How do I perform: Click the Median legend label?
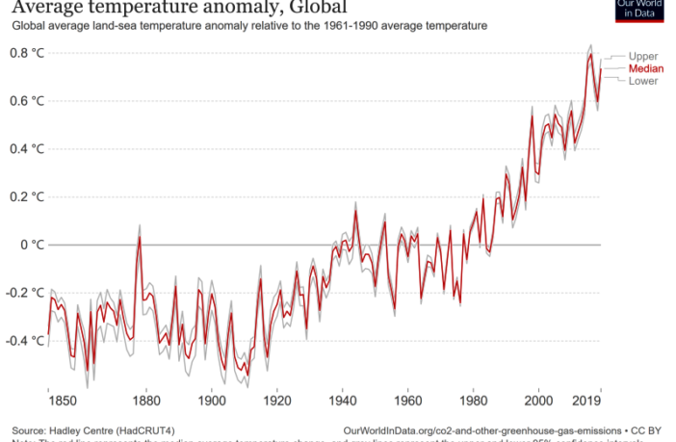[x=644, y=69]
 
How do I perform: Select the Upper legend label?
[x=643, y=57]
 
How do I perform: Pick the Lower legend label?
[x=643, y=82]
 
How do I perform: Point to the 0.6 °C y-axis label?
[x=27, y=101]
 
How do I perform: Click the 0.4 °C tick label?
[x=27, y=149]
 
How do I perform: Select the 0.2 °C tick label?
[x=27, y=197]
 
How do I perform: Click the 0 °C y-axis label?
[x=33, y=245]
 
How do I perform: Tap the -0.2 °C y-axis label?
[x=25, y=293]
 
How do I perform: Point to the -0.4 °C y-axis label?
[x=25, y=341]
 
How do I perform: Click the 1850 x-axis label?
[x=48, y=399]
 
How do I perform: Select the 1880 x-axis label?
[x=146, y=399]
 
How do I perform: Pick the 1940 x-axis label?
[x=343, y=399]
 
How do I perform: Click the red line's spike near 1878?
[x=139, y=237]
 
